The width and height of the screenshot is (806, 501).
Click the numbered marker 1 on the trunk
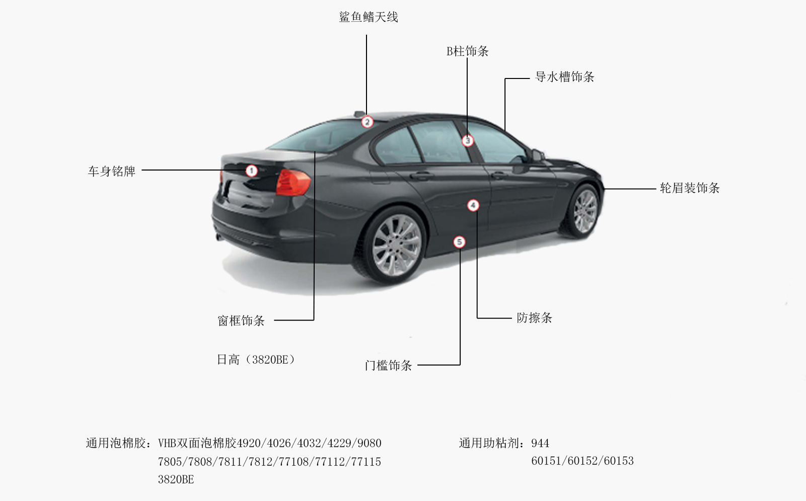[x=252, y=171]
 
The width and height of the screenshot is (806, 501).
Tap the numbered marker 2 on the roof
[x=367, y=122]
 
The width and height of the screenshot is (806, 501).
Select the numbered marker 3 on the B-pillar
[x=467, y=140]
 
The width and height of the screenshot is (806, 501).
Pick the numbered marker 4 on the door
[x=473, y=205]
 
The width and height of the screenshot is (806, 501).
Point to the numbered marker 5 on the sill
[x=460, y=242]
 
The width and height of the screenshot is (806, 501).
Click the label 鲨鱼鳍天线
[x=369, y=17]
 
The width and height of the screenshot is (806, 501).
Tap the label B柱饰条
[x=467, y=51]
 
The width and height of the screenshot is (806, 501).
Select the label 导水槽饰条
[x=564, y=76]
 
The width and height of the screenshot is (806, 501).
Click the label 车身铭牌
[x=112, y=171]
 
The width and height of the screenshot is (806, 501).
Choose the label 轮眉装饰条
[x=689, y=188]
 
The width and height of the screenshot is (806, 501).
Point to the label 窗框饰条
[x=241, y=320]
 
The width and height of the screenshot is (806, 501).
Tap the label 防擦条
[x=534, y=318]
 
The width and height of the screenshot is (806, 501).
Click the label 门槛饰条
[x=388, y=366]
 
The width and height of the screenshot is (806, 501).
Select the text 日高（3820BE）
[x=256, y=359]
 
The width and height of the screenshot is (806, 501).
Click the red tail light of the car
[x=293, y=183]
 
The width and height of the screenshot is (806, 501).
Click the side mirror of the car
[x=537, y=155]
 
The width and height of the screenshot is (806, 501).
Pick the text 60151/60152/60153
[x=582, y=461]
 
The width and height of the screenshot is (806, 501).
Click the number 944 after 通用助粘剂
[x=540, y=443]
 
